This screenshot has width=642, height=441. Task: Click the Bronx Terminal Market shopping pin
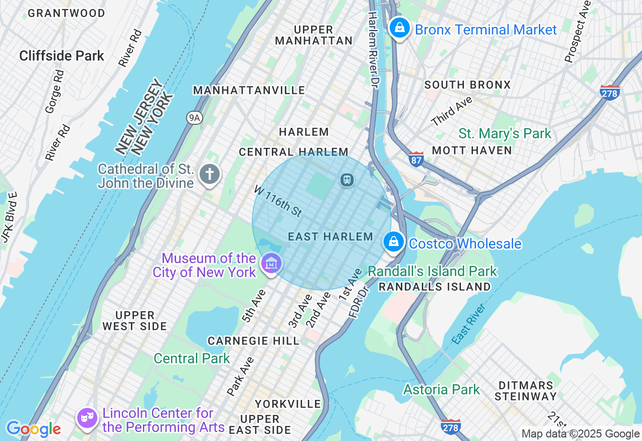coord(400,28)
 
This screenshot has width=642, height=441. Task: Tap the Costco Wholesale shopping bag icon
coord(394,242)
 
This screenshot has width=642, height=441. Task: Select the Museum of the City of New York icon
coord(271,263)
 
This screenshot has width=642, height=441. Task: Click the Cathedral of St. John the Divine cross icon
coord(209,174)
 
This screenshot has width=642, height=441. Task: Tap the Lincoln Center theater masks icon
coord(87,417)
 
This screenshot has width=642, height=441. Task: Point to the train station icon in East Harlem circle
coord(347,179)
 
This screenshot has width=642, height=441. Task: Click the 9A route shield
coord(194,118)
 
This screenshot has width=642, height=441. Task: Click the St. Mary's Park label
coord(505,134)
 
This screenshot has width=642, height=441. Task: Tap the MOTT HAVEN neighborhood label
coord(471,150)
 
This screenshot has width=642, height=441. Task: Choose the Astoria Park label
coord(441,389)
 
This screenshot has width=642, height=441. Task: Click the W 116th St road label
coord(278,201)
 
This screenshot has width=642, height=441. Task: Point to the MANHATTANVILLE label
coord(249,90)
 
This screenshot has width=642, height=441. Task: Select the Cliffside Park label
coord(62,56)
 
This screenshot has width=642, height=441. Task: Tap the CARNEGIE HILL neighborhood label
coord(253,341)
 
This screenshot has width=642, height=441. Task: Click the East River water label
coord(469,323)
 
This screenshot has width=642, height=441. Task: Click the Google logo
coord(33,429)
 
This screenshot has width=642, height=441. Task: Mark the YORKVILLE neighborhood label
coord(287,404)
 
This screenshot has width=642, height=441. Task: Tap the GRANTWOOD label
coord(66,14)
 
